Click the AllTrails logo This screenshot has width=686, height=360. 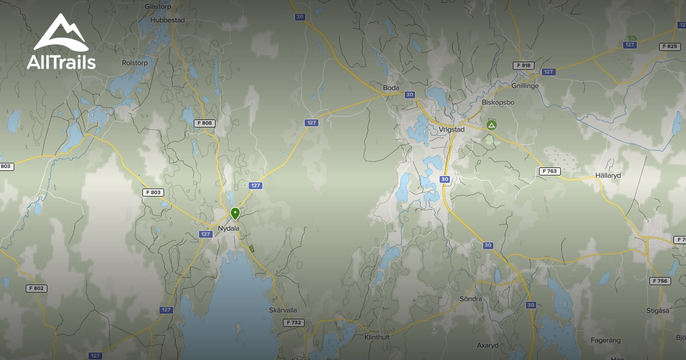pyautogui.click(x=61, y=42)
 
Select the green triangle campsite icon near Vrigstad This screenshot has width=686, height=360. pyautogui.click(x=491, y=125)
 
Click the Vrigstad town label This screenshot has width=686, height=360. pyautogui.click(x=452, y=130)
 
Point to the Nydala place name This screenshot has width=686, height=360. pyautogui.click(x=229, y=229)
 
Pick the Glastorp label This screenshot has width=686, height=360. pyautogui.click(x=158, y=6)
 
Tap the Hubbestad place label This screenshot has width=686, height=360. pyautogui.click(x=167, y=19)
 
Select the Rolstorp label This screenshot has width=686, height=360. pyautogui.click(x=135, y=63)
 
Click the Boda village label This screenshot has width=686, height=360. pyautogui.click(x=391, y=88)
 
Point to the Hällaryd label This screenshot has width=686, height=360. pyautogui.click(x=608, y=175)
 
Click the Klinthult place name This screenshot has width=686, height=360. pyautogui.click(x=377, y=337)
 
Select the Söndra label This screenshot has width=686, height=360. pyautogui.click(x=471, y=299)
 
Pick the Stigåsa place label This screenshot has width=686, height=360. pyautogui.click(x=657, y=311)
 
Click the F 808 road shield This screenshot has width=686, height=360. pyautogui.click(x=204, y=123)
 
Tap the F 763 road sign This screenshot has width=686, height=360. pyautogui.click(x=550, y=171)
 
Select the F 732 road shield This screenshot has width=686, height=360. pyautogui.click(x=294, y=323)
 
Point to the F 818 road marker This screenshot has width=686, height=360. pyautogui.click(x=523, y=66)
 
